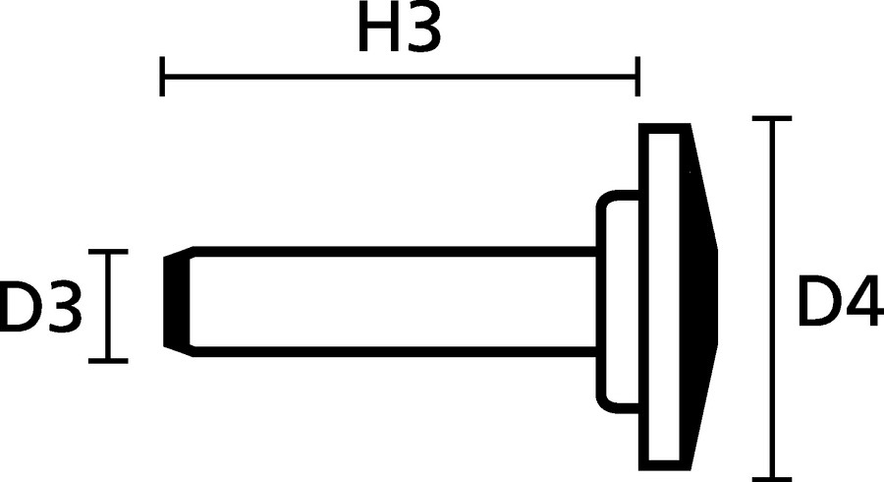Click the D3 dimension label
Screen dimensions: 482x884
coord(40,307)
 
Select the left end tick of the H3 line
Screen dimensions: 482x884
coord(162,76)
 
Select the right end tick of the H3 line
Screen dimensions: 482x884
coord(638,76)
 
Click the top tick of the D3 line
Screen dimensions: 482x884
coord(108,252)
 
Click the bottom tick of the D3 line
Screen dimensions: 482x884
coord(108,360)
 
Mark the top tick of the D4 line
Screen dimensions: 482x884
coord(776,119)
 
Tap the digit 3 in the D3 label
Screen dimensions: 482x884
coord(61,307)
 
